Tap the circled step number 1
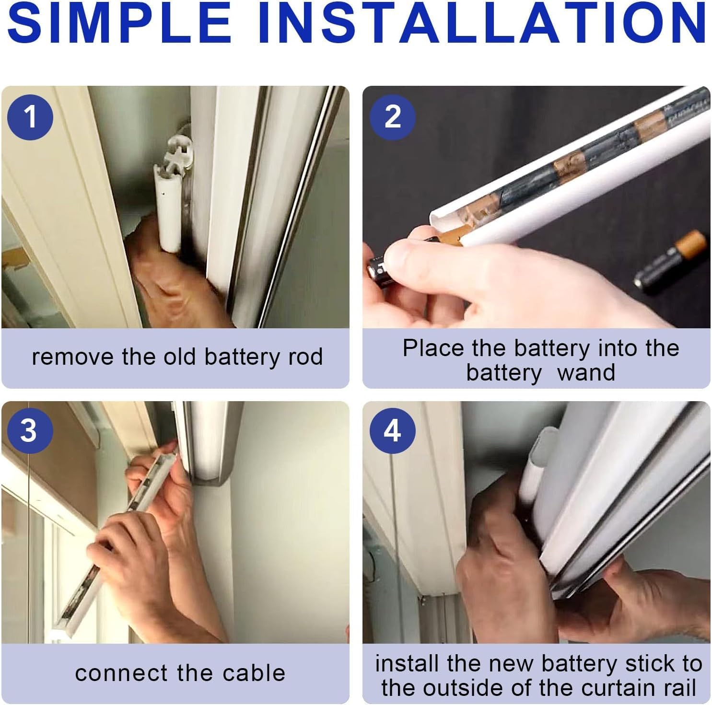coord(30,116)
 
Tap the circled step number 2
coord(393,116)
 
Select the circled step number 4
coord(392,430)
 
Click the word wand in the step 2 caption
coord(586,372)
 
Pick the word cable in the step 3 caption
coord(257,673)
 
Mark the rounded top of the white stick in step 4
coord(547,439)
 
